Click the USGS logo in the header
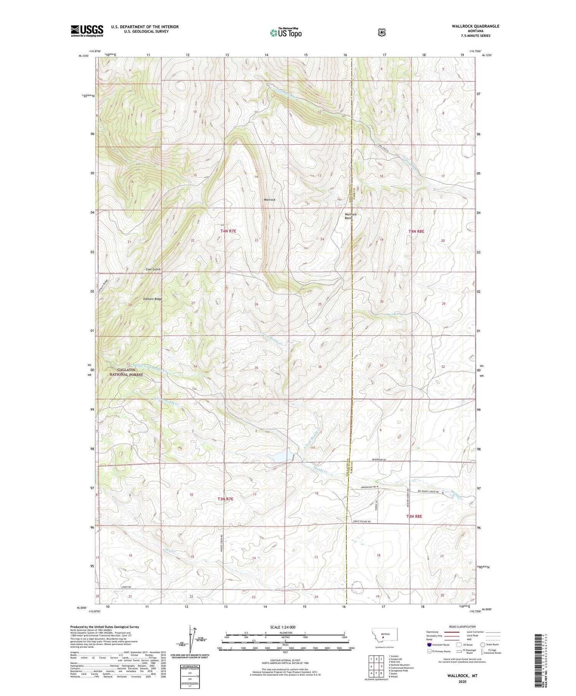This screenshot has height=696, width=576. point(87,31)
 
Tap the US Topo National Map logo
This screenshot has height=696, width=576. point(286,33)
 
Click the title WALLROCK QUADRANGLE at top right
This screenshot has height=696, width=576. point(475,26)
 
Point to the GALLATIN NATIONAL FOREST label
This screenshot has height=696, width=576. point(126,372)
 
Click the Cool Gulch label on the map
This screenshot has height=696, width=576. point(153,269)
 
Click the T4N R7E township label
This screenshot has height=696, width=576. point(228,231)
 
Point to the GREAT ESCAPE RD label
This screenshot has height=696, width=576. point(362,522)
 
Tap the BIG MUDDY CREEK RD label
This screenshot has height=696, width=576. point(428,491)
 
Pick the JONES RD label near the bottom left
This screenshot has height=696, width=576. point(126,587)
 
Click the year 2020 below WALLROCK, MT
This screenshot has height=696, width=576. point(462,682)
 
